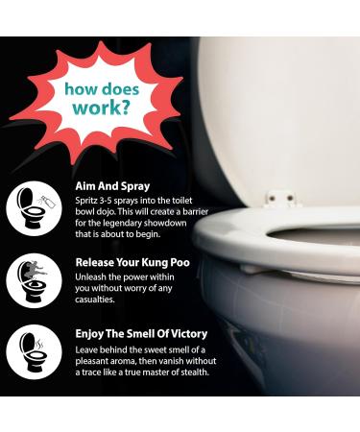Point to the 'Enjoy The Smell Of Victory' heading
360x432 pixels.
pos(141,333)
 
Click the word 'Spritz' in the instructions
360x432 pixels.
pos(89,199)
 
